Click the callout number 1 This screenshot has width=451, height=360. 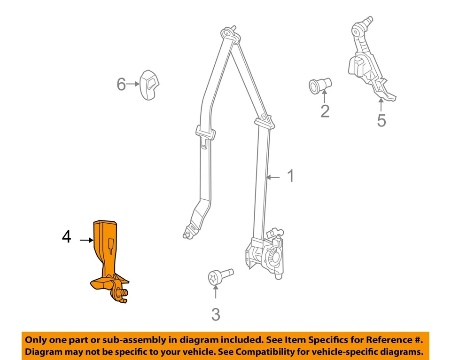coord(290,176)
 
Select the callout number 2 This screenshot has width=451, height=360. coord(325,111)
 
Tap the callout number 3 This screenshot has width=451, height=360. coord(216,314)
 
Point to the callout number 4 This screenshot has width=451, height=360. coord(67,237)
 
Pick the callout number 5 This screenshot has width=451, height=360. coord(381,120)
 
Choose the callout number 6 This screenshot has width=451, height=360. coord(121,85)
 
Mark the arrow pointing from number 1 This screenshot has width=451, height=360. coord(274,177)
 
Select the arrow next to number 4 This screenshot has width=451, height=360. coord(86,240)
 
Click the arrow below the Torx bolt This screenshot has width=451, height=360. coord(216,293)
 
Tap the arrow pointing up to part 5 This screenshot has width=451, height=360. coord(381,104)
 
